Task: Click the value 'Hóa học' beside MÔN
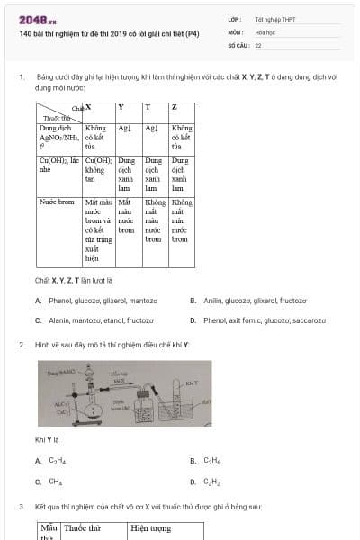click(x=266, y=31)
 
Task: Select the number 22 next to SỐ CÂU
click(x=258, y=44)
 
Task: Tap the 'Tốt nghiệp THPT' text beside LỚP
click(x=275, y=19)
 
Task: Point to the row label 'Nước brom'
click(x=55, y=202)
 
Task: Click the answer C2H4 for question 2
click(x=55, y=461)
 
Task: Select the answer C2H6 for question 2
click(x=211, y=461)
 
